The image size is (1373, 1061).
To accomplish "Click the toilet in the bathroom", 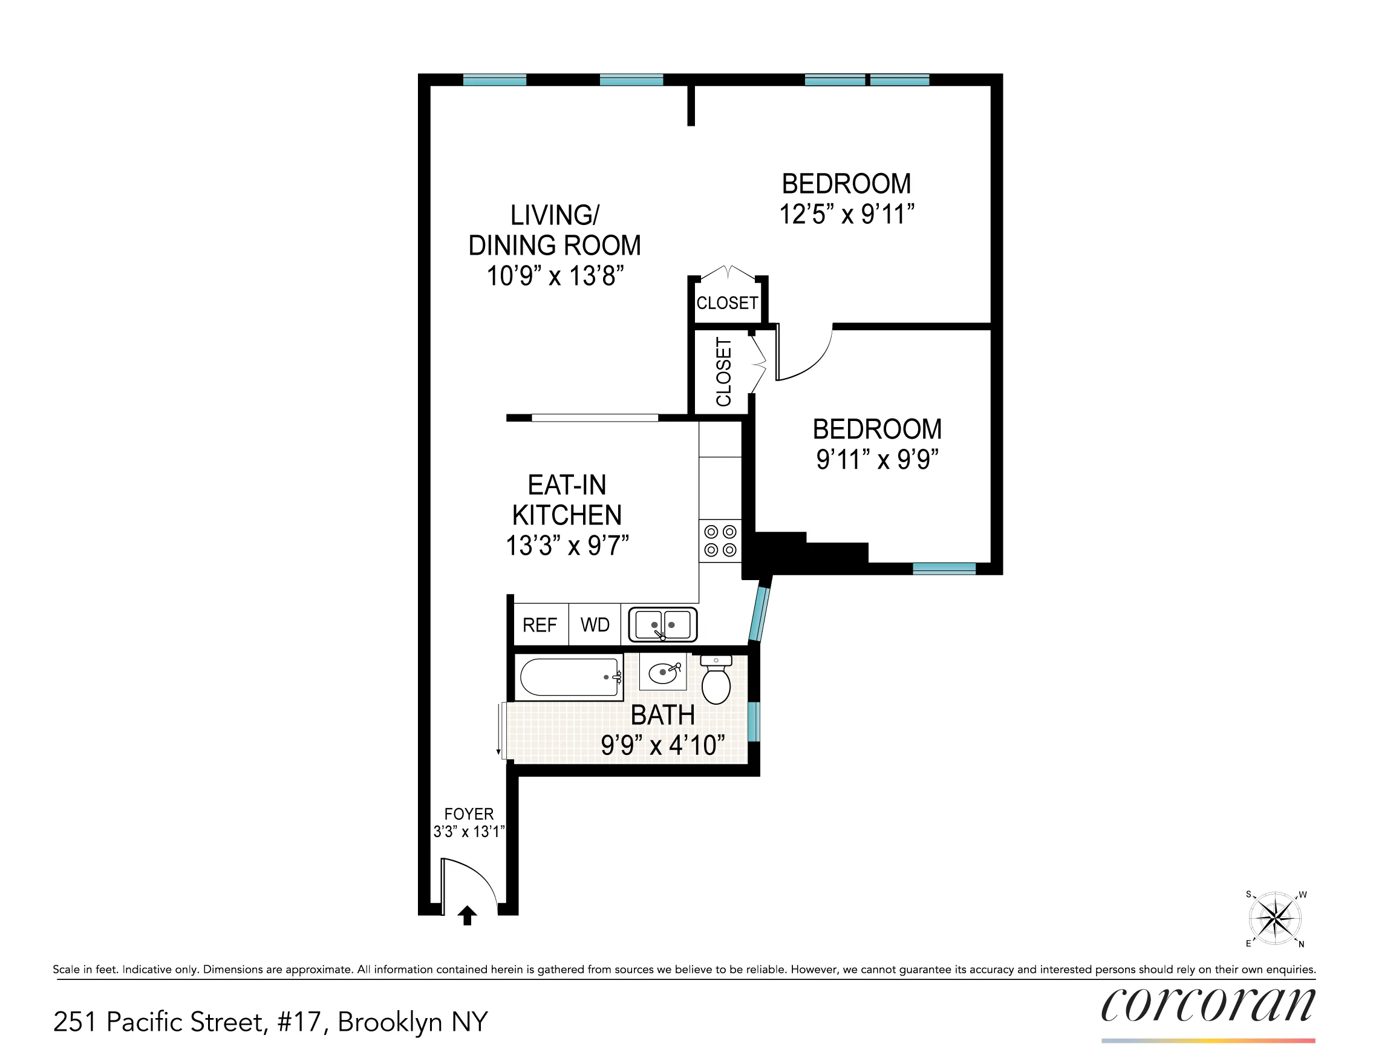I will coord(716,681).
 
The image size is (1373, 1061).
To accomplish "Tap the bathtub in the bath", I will coord(570,677).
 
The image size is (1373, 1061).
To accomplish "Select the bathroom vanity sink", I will coord(663,673).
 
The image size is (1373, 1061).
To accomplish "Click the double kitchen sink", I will coord(663,625).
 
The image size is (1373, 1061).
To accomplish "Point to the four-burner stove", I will coord(720,541).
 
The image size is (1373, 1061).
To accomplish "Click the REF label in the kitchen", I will coord(540,625).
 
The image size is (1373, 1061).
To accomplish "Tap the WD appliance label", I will coord(595,625).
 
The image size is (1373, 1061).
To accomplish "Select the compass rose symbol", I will coord(1274,918).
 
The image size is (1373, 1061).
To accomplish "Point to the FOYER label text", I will coord(469,814).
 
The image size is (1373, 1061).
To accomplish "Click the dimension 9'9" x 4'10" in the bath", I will coord(663,745).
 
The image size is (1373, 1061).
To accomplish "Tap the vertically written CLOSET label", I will coord(723,371).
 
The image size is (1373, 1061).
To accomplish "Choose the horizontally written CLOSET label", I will coord(727,303).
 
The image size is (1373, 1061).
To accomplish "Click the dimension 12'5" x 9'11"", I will coord(846,214).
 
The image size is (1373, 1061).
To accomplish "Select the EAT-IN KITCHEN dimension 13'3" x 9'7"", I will coord(567,546).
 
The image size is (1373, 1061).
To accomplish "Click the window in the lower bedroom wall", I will coord(944,568).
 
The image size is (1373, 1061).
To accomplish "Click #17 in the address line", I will coord(302,1023).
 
